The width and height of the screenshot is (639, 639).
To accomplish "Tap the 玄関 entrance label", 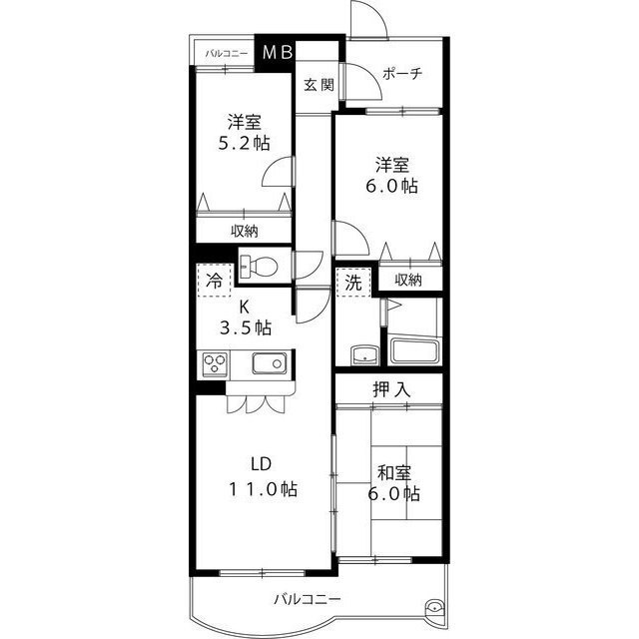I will coord(319,85).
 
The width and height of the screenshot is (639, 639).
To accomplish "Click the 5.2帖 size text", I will coord(245,143).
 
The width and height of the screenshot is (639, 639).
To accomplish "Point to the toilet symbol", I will coord(260,267).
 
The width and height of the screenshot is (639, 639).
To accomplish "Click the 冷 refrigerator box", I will coord(214,281).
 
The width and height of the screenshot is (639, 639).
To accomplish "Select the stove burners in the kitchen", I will coord(216,364).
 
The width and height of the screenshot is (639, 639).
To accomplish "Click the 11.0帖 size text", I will coord(259,489).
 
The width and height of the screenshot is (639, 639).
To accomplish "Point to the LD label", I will coord(260,463).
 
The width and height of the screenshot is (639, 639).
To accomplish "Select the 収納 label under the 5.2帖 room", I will coord(245,231).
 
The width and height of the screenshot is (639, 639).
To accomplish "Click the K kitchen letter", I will coord(244,307).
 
